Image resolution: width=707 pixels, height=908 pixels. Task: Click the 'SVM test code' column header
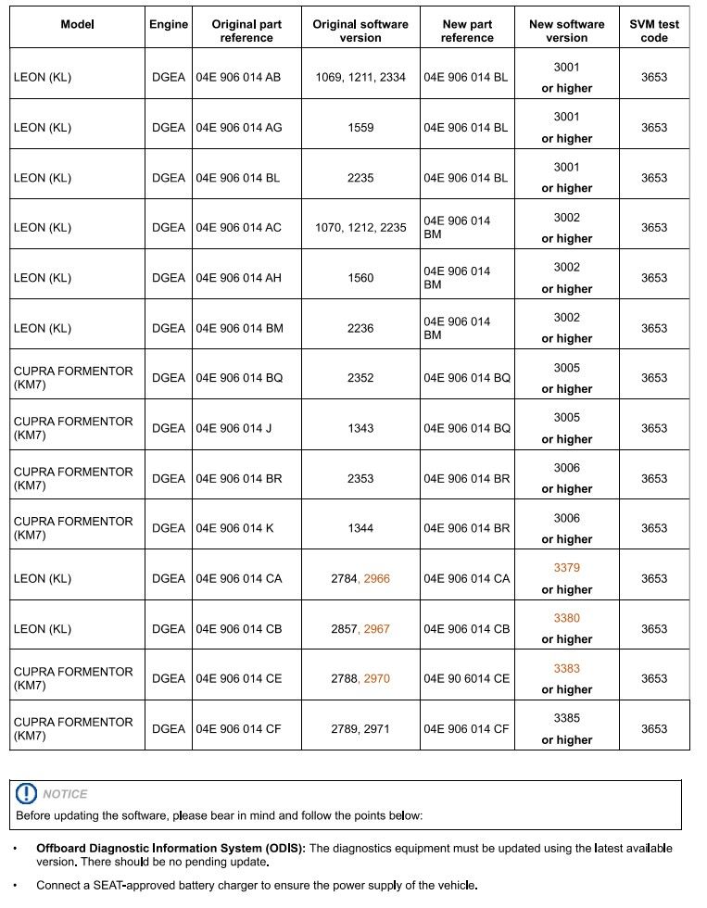click(653, 31)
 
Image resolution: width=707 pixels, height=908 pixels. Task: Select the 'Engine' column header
click(168, 24)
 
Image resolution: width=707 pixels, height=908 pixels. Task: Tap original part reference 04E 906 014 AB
click(238, 78)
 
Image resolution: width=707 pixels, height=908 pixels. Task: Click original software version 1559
click(360, 128)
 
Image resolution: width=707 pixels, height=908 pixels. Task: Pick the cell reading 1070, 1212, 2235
click(360, 228)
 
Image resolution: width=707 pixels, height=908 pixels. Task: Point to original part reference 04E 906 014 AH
click(238, 278)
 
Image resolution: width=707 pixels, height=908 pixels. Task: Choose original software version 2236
click(360, 328)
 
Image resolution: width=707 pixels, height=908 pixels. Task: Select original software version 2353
click(360, 478)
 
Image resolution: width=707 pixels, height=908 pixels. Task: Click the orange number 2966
click(376, 578)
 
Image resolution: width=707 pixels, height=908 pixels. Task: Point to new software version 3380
click(566, 618)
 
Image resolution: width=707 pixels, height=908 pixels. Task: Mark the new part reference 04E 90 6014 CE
click(467, 678)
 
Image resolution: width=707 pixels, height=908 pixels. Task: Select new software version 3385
click(566, 718)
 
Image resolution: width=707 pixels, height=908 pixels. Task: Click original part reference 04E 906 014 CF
click(238, 729)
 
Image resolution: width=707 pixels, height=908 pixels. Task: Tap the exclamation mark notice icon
click(27, 793)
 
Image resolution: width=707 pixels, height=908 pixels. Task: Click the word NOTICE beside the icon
click(65, 794)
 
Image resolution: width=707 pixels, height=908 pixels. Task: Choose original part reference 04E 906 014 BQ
click(238, 378)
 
